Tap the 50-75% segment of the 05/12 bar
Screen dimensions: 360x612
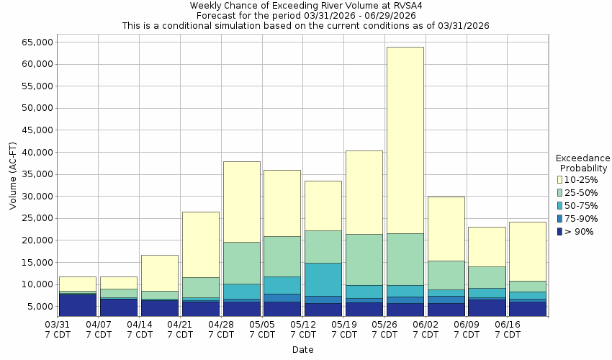click(x=323, y=279)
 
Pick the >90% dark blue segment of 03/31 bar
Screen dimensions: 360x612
click(x=77, y=305)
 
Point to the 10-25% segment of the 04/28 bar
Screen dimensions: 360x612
click(x=241, y=202)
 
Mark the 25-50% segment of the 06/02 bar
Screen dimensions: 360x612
click(x=446, y=275)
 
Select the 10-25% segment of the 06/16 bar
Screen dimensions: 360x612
click(x=527, y=251)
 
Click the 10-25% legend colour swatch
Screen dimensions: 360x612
click(x=561, y=179)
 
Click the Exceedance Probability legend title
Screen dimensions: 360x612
click(x=582, y=163)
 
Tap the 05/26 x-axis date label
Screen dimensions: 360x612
click(x=384, y=330)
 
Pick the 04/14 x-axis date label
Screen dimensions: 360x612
click(x=139, y=330)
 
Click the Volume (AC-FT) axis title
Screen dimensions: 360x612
click(x=13, y=175)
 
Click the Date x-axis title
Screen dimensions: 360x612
click(x=302, y=350)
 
